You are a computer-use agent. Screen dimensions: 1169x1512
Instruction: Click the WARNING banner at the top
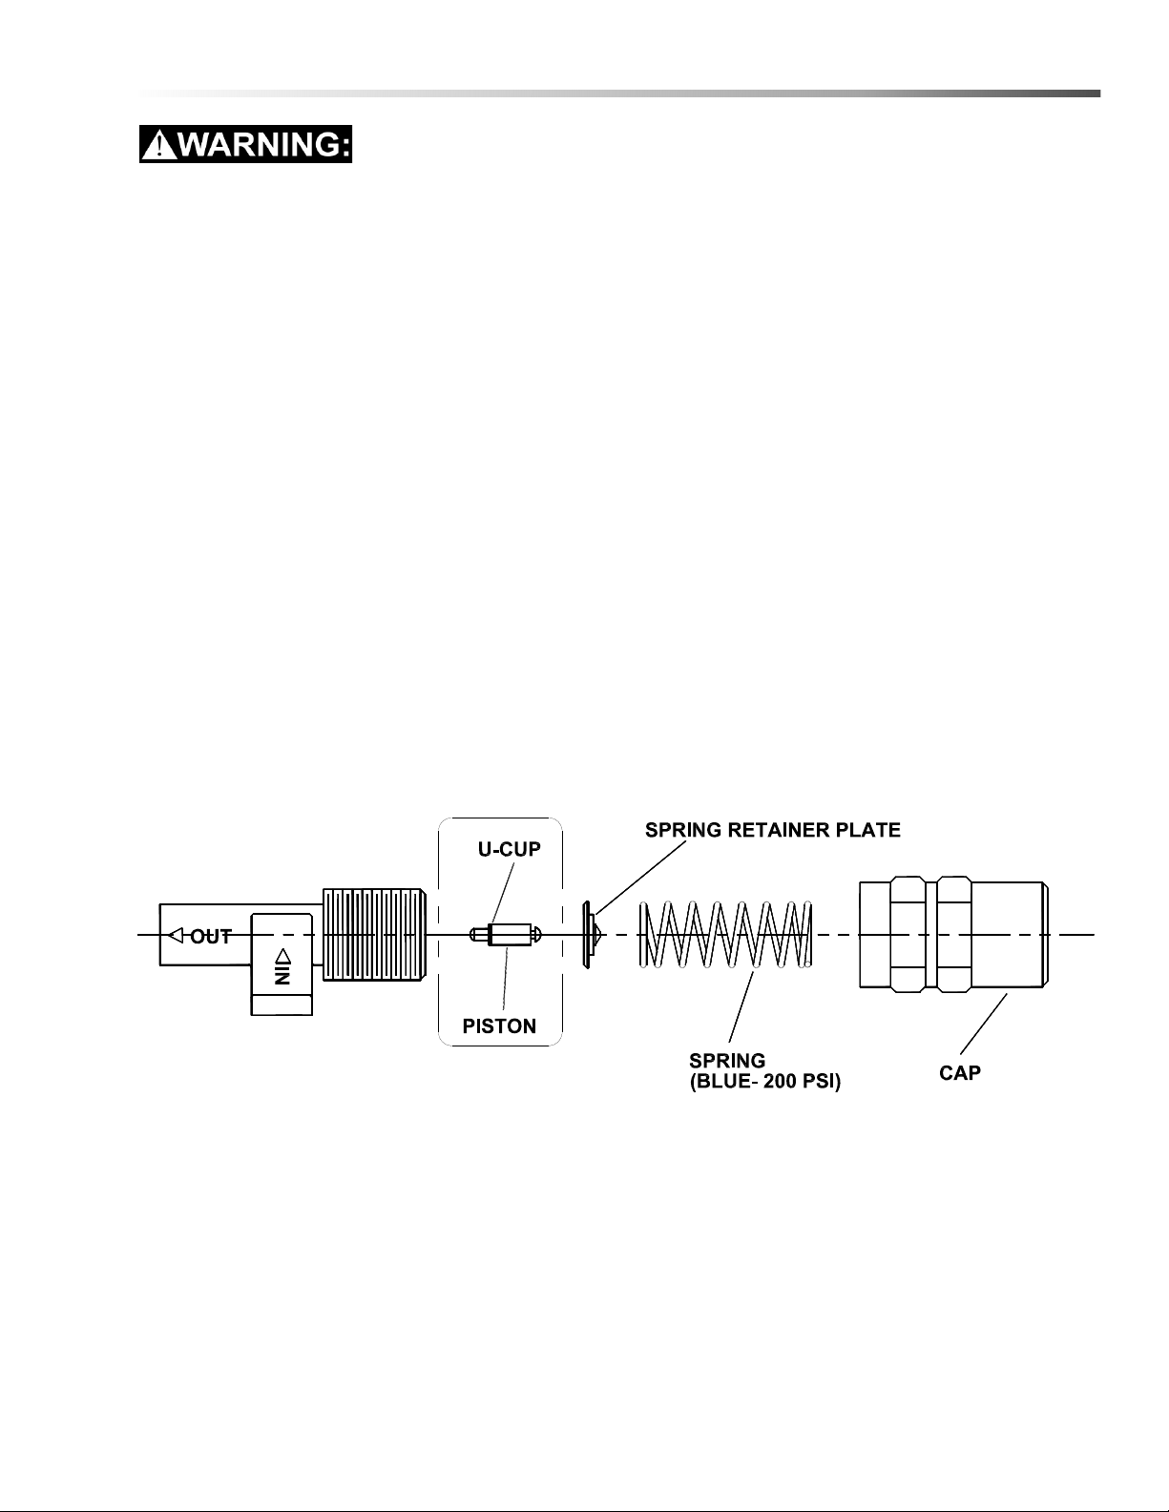(245, 144)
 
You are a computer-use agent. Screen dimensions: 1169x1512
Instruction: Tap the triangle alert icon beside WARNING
(160, 145)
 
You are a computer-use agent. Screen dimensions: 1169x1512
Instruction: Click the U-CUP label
(509, 849)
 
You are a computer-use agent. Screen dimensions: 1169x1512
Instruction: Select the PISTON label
(499, 1026)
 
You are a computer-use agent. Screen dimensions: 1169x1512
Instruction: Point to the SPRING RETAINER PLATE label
(772, 829)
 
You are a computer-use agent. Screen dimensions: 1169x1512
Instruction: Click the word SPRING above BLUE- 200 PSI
(727, 1061)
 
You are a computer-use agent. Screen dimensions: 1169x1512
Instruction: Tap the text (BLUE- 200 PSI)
(764, 1082)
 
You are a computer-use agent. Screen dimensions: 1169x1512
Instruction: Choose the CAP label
(960, 1073)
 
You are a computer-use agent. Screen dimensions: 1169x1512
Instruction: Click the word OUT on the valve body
(210, 937)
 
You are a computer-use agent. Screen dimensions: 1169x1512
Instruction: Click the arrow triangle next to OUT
(177, 935)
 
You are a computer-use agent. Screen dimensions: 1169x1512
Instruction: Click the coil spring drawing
(726, 935)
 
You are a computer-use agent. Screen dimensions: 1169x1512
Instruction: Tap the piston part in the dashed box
(505, 935)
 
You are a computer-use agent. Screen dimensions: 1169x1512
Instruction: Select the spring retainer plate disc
(590, 935)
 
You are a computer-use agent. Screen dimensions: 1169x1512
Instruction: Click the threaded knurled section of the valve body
(374, 935)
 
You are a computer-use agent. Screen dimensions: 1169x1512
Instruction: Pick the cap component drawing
(953, 935)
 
